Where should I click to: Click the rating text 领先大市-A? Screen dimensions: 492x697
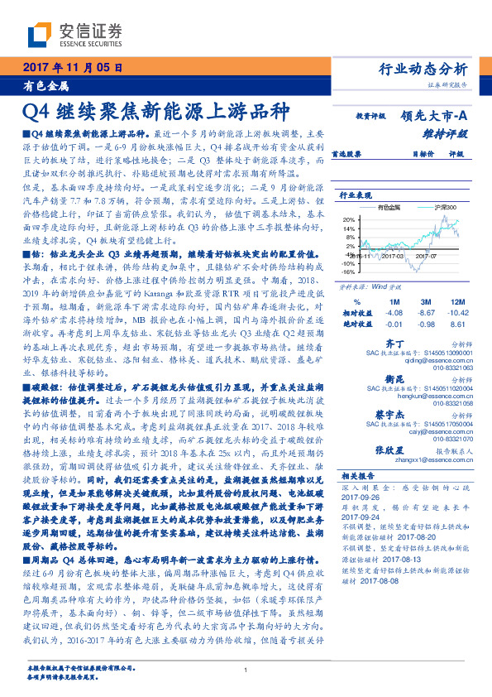point(437,117)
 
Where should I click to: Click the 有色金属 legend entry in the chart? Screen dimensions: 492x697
point(393,207)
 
